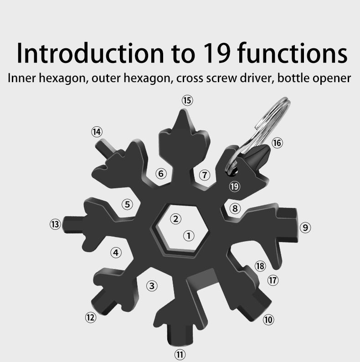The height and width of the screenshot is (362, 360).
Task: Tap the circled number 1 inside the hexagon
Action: [x=188, y=236]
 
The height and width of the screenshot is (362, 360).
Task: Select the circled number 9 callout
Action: [x=305, y=227]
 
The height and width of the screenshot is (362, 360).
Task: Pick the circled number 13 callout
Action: [x=55, y=224]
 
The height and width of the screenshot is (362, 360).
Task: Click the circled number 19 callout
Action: [x=235, y=186]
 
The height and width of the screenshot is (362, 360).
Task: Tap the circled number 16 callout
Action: [x=277, y=143]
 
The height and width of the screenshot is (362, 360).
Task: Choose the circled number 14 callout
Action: [x=97, y=132]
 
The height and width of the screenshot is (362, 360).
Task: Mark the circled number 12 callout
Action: [x=91, y=317]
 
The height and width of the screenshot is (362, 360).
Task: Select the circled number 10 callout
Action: [x=268, y=320]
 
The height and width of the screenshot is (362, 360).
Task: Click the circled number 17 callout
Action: [x=273, y=280]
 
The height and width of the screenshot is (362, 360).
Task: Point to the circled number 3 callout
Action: [x=152, y=286]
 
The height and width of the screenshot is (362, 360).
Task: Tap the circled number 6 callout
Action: [x=161, y=174]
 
